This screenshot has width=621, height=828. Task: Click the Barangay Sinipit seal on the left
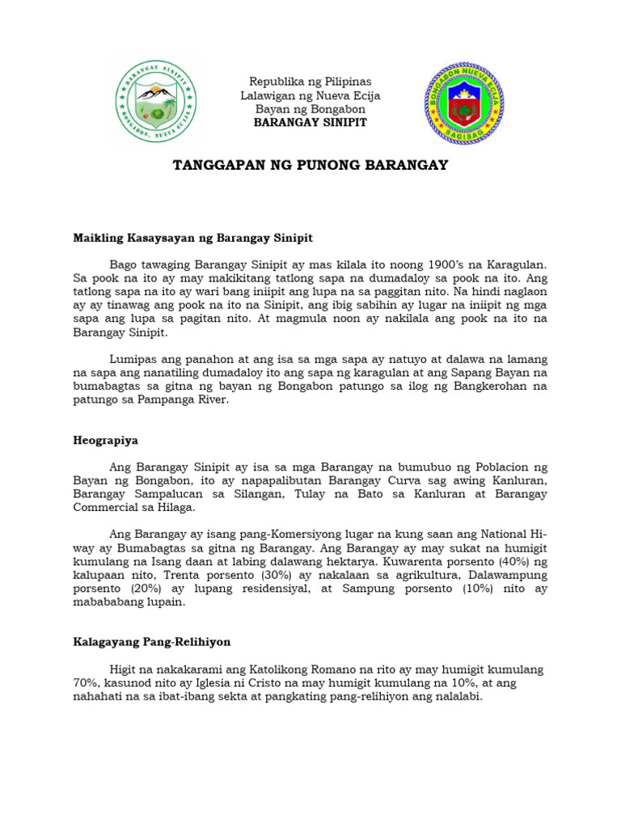[156, 100]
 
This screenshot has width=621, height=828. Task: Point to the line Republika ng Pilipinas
[310, 82]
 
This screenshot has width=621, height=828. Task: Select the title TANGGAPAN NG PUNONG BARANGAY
[310, 166]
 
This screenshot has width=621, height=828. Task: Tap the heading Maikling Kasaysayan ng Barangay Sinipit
[192, 239]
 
